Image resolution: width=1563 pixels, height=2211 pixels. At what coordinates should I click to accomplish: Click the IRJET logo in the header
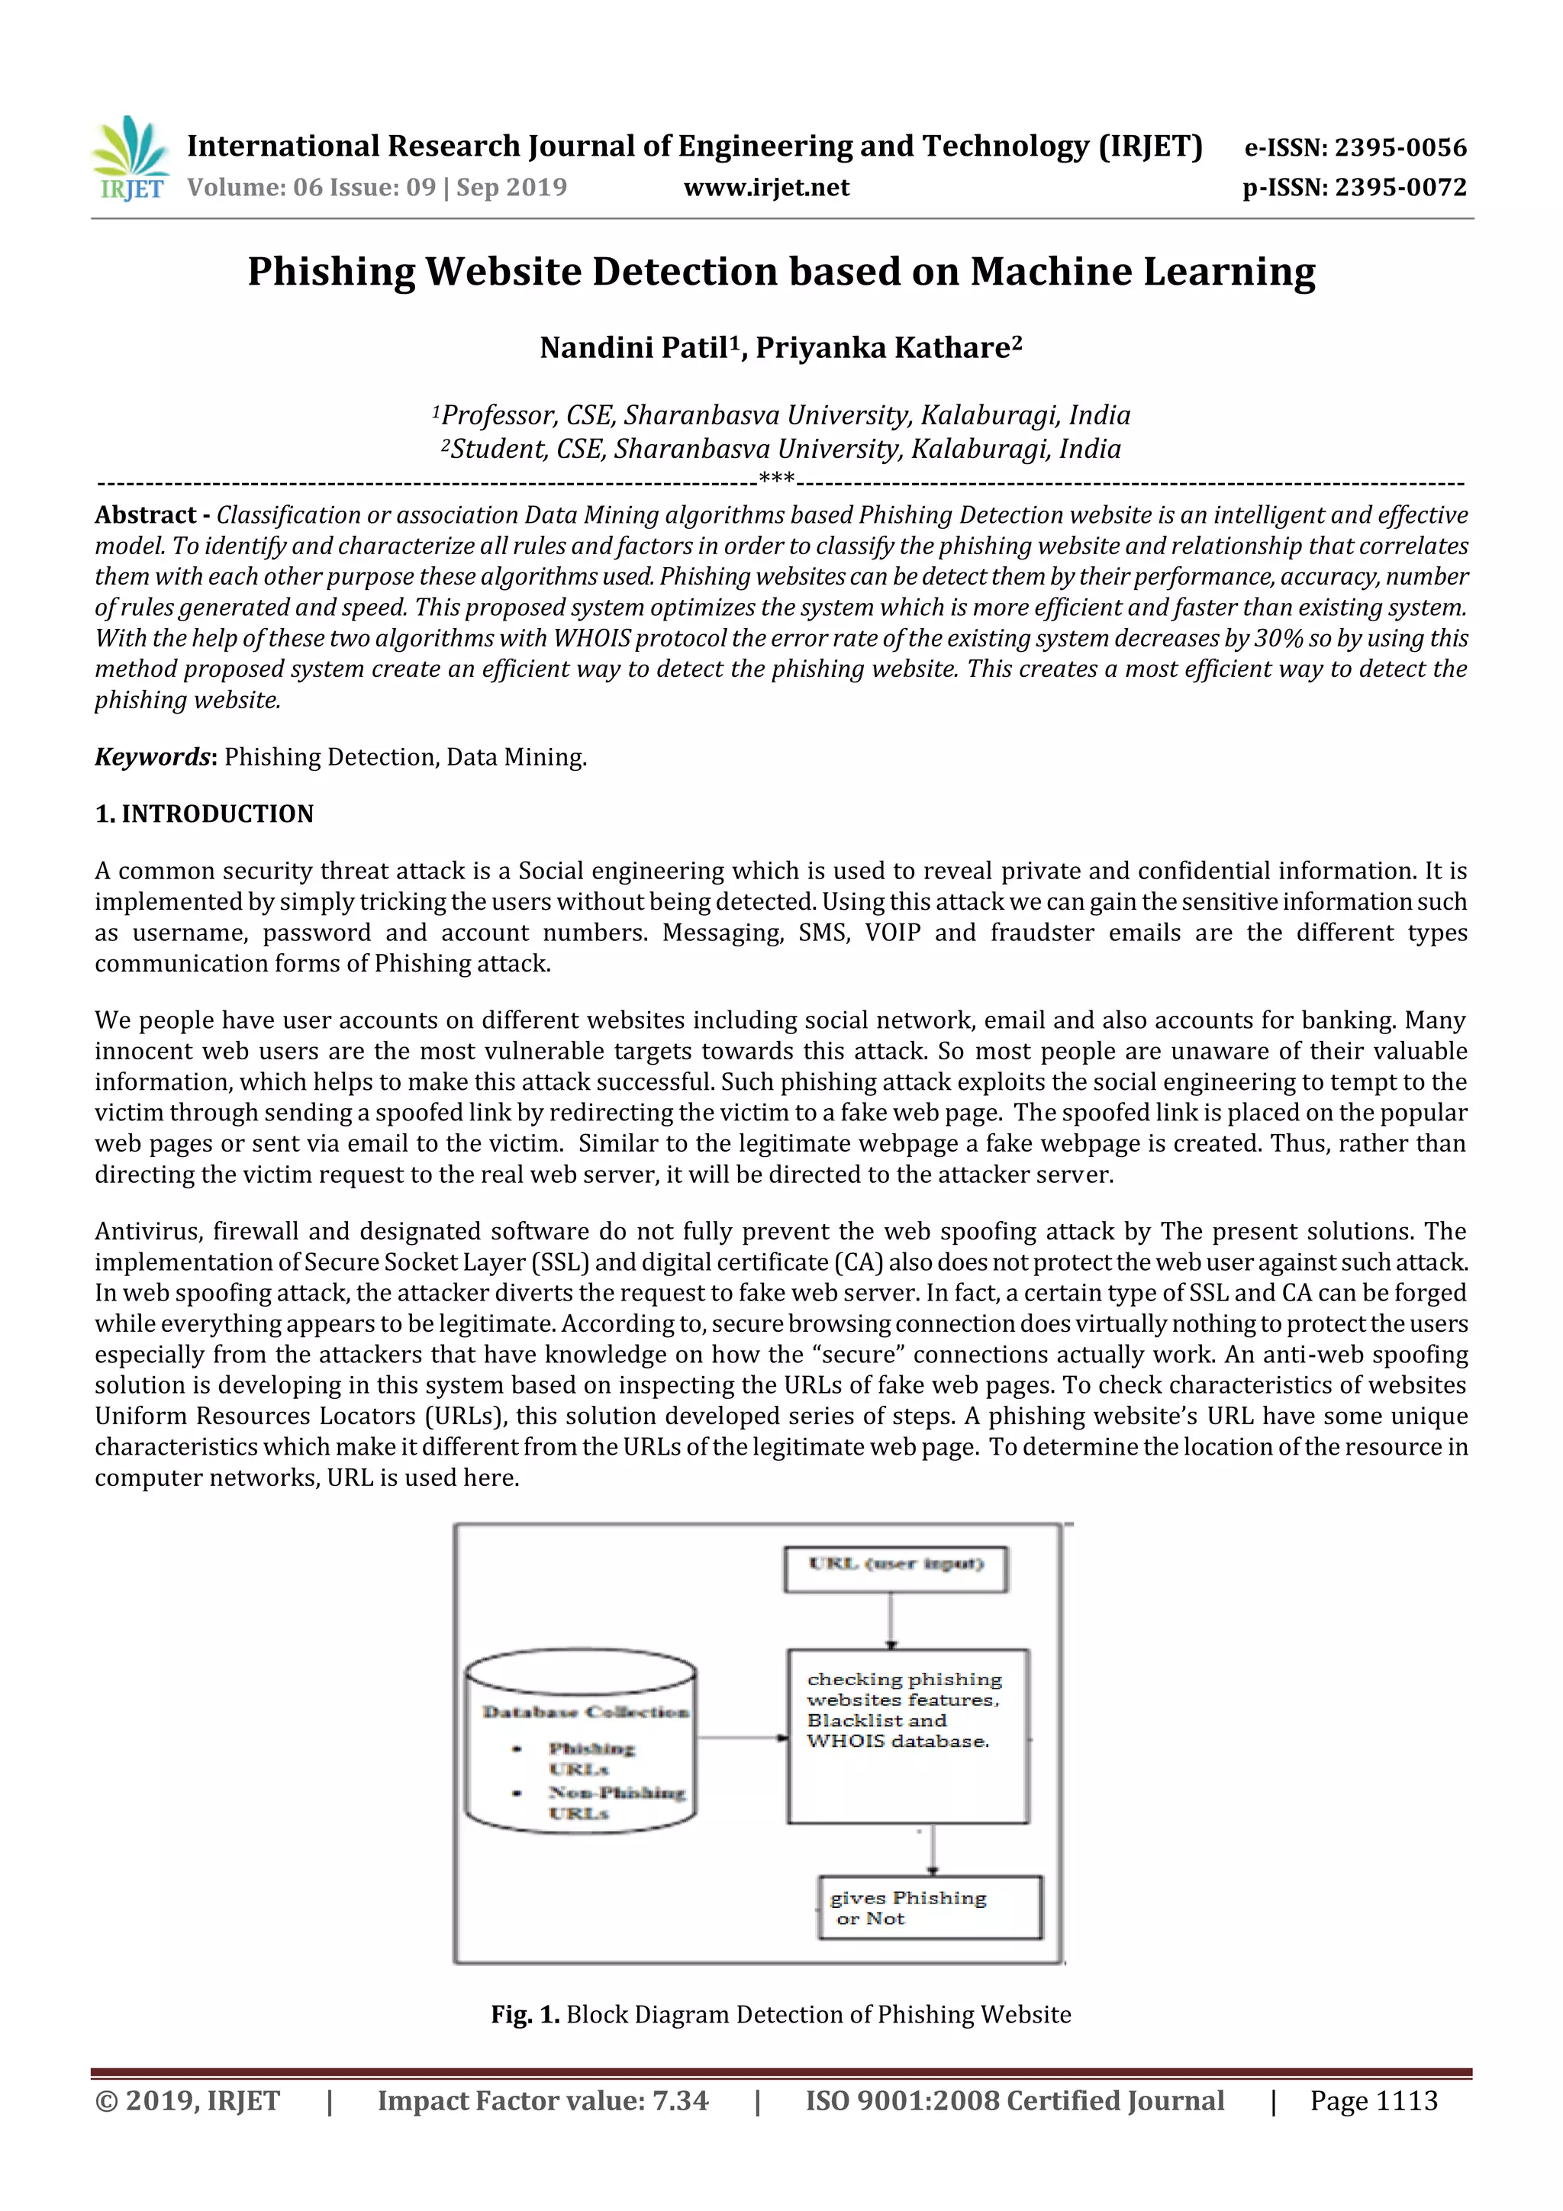coord(130,159)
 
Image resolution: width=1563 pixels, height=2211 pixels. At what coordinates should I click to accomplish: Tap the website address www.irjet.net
coord(766,187)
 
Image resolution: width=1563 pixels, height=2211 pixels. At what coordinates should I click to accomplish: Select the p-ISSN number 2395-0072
coord(1401,187)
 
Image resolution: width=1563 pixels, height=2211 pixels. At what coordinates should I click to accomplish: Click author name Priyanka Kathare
coord(883,347)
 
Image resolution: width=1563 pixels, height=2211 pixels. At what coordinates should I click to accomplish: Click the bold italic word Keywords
coord(151,757)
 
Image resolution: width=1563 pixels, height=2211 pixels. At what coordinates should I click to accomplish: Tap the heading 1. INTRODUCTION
coord(205,814)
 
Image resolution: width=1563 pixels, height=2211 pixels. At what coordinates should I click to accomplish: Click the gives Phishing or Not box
coord(930,1906)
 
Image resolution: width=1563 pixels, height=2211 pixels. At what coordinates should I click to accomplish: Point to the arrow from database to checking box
coord(742,1738)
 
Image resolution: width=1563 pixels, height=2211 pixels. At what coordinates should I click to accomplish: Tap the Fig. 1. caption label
coord(525,2015)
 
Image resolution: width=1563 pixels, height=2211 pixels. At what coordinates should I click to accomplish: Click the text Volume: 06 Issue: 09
coord(311,187)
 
